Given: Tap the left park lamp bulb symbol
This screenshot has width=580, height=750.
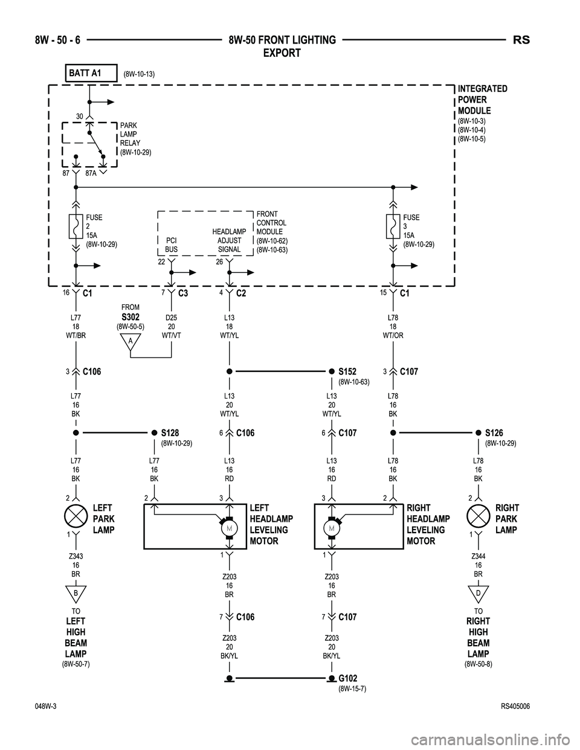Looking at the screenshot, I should coord(76,518).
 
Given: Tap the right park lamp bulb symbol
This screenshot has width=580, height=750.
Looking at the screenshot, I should coord(478,518).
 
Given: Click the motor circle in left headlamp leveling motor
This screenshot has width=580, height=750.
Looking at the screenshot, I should coord(230,528).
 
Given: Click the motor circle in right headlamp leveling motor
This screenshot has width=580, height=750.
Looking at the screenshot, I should coord(332,528).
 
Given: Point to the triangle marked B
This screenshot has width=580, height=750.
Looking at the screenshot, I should coord(76,594).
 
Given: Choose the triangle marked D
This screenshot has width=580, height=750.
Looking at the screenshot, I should coord(478,594).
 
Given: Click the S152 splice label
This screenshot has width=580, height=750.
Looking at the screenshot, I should coord(347,371).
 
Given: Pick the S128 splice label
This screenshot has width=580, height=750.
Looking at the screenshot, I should coord(170,433).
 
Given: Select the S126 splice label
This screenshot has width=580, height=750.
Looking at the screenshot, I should coord(494,433).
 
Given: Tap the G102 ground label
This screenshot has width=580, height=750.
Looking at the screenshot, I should coord(348,679).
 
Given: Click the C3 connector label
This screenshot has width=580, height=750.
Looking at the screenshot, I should coord(184,293).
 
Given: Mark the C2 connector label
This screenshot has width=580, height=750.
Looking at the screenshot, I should coord(241,293).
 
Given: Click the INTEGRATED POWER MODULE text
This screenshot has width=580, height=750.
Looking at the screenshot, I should coord(482,100).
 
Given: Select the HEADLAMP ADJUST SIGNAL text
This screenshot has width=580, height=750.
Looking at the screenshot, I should coord(229,240).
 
